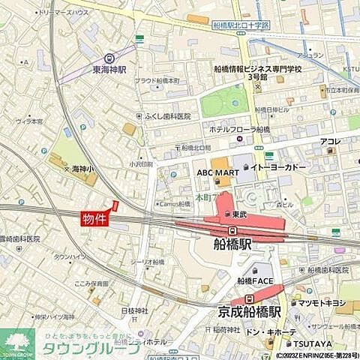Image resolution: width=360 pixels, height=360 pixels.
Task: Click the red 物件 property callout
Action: coord(94,218)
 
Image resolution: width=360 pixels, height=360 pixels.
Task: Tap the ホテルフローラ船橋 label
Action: coord(240,129)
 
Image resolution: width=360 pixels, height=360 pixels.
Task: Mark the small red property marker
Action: coord(115,205)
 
